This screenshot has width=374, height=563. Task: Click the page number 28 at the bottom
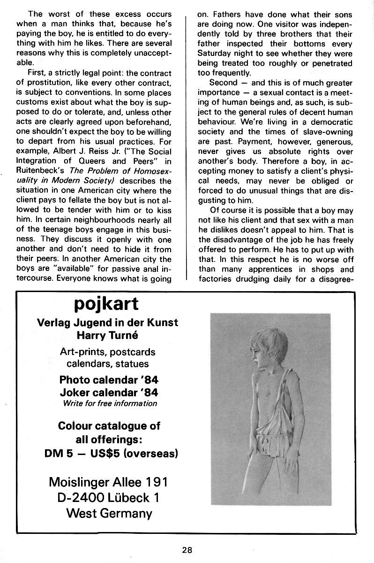click(x=188, y=550)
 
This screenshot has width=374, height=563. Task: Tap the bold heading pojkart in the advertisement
click(x=107, y=303)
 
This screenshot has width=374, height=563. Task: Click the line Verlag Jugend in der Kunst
click(x=107, y=323)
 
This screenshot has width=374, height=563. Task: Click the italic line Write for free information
click(x=110, y=403)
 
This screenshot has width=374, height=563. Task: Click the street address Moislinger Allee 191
click(x=108, y=482)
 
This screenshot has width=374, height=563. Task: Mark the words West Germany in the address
click(x=109, y=513)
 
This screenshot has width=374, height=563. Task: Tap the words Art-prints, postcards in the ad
click(x=108, y=352)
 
